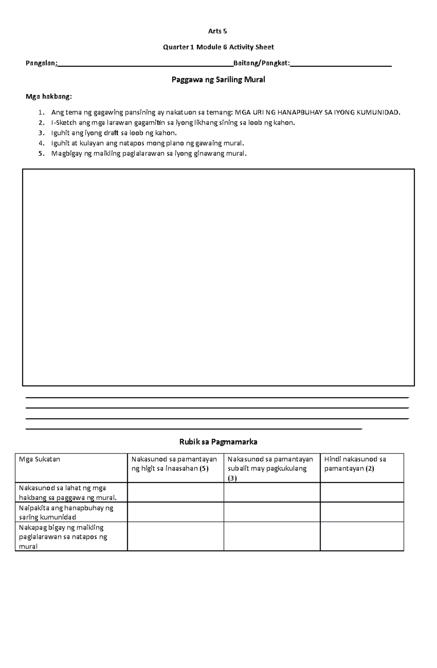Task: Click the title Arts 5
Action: [x=217, y=31]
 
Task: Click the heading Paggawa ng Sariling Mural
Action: [x=218, y=80]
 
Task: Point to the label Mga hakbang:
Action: [x=49, y=96]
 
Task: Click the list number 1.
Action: [x=41, y=112]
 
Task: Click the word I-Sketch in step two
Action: [x=64, y=123]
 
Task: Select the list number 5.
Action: [x=41, y=153]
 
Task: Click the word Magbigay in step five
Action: [x=67, y=153]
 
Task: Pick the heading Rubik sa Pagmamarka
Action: [x=218, y=442]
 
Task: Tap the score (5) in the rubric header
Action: [x=204, y=469]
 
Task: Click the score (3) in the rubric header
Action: [x=232, y=478]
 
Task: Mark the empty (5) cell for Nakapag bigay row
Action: [x=175, y=536]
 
